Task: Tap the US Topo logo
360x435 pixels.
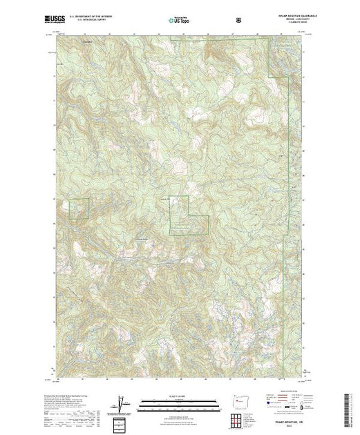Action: coord(180,21)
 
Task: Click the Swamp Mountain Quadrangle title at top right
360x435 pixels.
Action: coord(287,18)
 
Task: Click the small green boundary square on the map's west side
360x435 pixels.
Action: coord(78,209)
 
